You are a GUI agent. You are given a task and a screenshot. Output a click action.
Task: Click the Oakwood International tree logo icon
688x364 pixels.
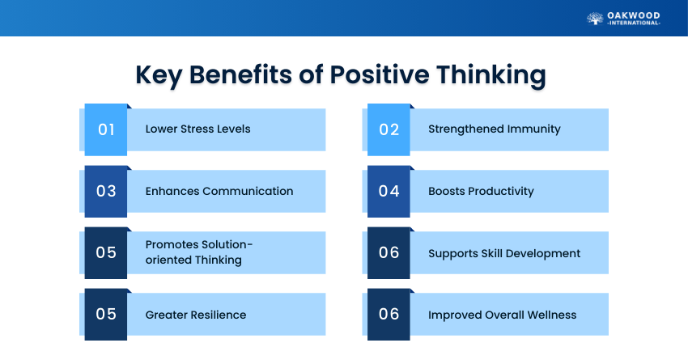pos(595,19)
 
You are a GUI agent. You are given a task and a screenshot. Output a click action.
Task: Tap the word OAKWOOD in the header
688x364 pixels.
pos(634,16)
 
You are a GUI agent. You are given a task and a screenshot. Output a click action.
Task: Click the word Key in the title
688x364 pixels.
pos(159,75)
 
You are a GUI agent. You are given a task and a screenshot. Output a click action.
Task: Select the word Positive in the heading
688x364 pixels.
pos(380,74)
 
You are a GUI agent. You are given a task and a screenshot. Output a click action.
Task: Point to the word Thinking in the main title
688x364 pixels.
pos(491,75)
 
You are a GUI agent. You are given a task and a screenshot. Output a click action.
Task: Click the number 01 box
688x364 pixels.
pos(106,129)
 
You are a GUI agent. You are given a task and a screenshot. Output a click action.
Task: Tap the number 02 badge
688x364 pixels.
pos(389,129)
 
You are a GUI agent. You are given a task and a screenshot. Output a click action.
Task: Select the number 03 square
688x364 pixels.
pos(106,191)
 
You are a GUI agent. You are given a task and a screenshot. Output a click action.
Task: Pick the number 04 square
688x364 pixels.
pos(389,191)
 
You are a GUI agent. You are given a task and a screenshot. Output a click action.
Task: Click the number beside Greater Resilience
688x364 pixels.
pos(106,314)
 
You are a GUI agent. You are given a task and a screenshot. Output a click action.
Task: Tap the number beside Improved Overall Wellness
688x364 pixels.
pos(389,314)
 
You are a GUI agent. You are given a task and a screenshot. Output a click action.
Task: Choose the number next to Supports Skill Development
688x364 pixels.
pos(389,252)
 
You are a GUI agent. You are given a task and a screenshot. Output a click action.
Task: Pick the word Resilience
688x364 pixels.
pos(221,315)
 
